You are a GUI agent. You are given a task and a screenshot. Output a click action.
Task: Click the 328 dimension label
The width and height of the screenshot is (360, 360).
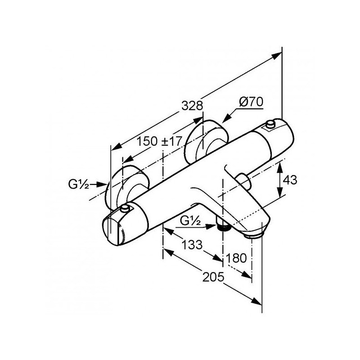[x=193, y=106]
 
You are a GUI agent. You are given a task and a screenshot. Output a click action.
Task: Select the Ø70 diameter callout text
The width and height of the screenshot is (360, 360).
[x=251, y=102]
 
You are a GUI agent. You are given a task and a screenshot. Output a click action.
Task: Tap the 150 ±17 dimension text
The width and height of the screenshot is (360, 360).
[x=160, y=141]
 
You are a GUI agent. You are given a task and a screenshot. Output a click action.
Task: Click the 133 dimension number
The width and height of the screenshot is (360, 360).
[x=192, y=245]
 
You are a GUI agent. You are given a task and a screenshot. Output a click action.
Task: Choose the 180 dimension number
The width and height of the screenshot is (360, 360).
[x=236, y=258]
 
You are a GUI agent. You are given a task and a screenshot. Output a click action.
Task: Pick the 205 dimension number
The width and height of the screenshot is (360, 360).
[x=213, y=277]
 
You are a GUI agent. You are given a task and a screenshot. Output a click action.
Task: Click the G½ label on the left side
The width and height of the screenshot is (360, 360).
[x=78, y=184]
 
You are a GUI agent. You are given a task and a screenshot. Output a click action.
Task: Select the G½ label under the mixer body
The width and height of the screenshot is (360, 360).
[x=190, y=221]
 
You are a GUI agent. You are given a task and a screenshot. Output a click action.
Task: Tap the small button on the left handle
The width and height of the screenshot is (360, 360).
[x=125, y=208]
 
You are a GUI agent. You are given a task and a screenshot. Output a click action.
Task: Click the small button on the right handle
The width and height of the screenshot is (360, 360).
[x=270, y=124]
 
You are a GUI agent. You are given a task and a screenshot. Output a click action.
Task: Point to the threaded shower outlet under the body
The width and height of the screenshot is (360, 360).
[x=223, y=226]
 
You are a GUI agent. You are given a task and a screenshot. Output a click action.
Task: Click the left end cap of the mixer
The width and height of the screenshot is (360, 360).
[x=114, y=231]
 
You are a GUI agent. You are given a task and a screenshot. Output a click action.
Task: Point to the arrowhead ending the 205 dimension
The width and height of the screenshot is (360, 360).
[x=256, y=301]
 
